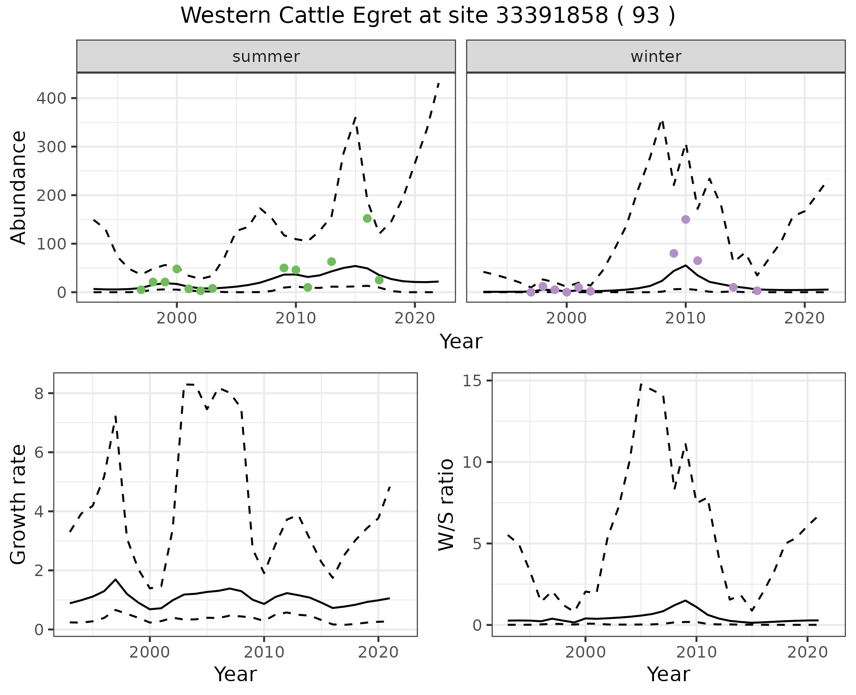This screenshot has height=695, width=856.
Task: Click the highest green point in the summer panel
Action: (x=367, y=218)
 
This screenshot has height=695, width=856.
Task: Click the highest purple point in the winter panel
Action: (x=686, y=219)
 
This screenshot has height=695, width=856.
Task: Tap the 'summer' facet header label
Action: (x=266, y=57)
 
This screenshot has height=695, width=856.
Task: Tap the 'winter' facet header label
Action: (x=656, y=57)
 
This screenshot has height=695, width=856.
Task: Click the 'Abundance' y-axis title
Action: (x=19, y=188)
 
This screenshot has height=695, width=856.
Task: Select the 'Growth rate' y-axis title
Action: (x=19, y=505)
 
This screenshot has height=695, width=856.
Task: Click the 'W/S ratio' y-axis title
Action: (x=446, y=505)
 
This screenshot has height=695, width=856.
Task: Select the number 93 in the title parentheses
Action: (x=646, y=16)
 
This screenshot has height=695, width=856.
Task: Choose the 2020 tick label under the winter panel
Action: (x=804, y=319)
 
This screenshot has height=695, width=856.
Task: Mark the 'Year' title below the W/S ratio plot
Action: (x=668, y=674)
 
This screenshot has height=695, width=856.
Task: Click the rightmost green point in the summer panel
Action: (x=379, y=280)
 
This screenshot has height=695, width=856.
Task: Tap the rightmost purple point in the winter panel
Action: (x=757, y=291)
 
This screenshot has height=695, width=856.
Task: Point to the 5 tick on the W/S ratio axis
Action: (x=480, y=544)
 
